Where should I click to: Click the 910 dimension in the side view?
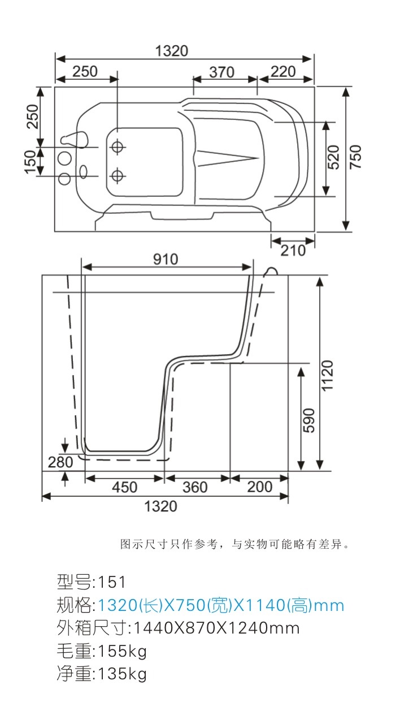click(x=166, y=259)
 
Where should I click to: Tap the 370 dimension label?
click(x=222, y=72)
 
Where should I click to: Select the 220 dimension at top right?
click(x=283, y=71)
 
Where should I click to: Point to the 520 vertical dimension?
click(x=333, y=157)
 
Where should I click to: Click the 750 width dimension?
click(x=356, y=157)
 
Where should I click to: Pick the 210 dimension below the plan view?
click(x=293, y=251)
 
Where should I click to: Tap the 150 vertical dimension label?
click(x=31, y=162)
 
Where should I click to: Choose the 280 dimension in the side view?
click(x=60, y=462)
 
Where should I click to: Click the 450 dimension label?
click(x=125, y=487)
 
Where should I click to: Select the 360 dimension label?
click(x=195, y=487)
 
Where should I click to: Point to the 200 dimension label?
click(x=260, y=487)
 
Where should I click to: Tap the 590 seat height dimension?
click(x=308, y=420)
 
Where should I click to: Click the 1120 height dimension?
click(x=327, y=376)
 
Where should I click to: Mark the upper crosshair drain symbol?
click(x=118, y=147)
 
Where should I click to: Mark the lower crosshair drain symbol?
click(x=118, y=175)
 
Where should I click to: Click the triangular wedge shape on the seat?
click(x=228, y=158)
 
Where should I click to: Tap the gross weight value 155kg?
click(x=122, y=651)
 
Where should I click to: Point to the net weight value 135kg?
click(x=122, y=674)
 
